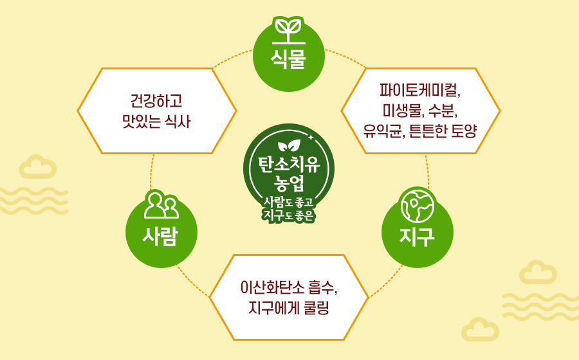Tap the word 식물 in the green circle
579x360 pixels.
[x=288, y=59]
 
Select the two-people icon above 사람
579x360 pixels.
[x=161, y=206]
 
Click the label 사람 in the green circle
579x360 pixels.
[x=161, y=236]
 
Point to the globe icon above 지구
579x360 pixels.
[x=418, y=205]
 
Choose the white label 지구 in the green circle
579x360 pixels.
[x=417, y=236]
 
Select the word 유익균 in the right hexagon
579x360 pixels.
[x=381, y=130]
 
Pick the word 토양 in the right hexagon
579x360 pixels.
[x=465, y=130]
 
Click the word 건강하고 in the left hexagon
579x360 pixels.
[x=156, y=101]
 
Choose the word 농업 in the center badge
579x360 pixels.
[x=289, y=183]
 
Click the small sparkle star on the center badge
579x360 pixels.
[x=311, y=138]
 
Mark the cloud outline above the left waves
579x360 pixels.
[x=38, y=166]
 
